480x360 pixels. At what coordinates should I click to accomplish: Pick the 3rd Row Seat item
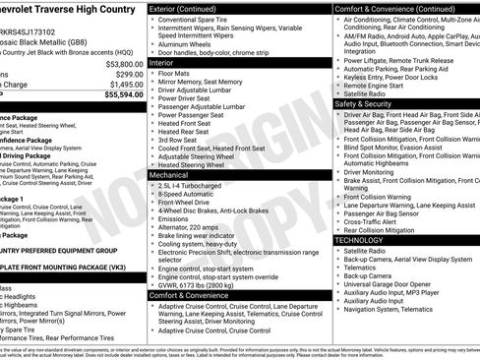pos(182,139)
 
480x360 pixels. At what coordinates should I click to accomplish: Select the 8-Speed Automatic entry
pos(191,195)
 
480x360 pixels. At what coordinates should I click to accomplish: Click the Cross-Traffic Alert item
pos(375,221)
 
